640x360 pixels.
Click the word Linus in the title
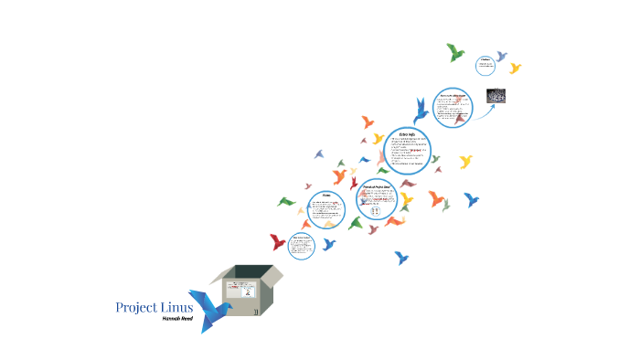[176, 307]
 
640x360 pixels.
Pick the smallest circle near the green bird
[487, 65]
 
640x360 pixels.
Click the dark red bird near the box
[277, 242]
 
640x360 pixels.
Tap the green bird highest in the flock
[455, 52]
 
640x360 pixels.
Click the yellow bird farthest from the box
[515, 68]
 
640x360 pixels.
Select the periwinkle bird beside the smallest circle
[501, 57]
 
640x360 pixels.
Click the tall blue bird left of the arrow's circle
[421, 111]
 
